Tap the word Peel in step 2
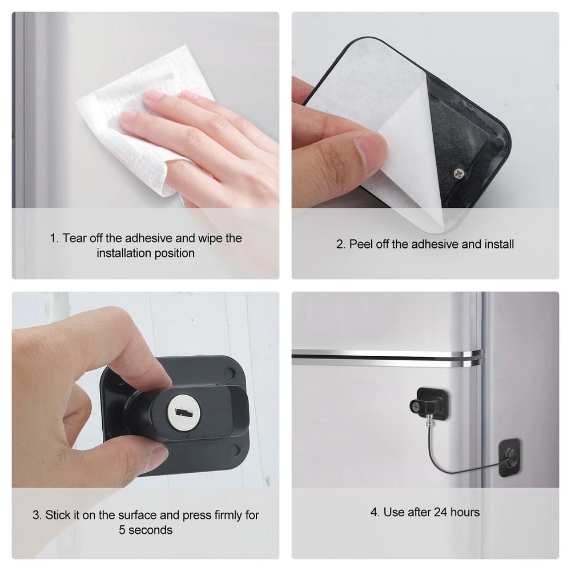(x=362, y=244)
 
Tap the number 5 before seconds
(x=122, y=530)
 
